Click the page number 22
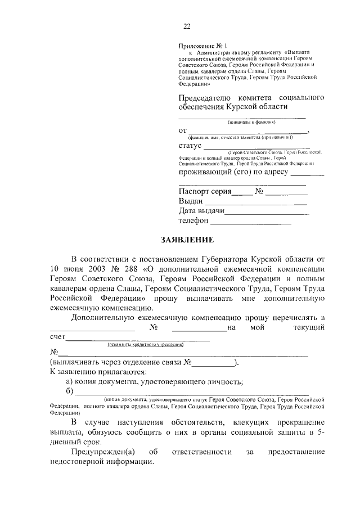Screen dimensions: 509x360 click(187, 26)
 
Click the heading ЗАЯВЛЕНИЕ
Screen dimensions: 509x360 click(187, 241)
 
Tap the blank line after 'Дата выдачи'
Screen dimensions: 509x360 click(267, 213)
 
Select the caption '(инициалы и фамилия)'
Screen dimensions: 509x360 click(251, 122)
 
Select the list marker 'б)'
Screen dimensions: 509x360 click(70, 392)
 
